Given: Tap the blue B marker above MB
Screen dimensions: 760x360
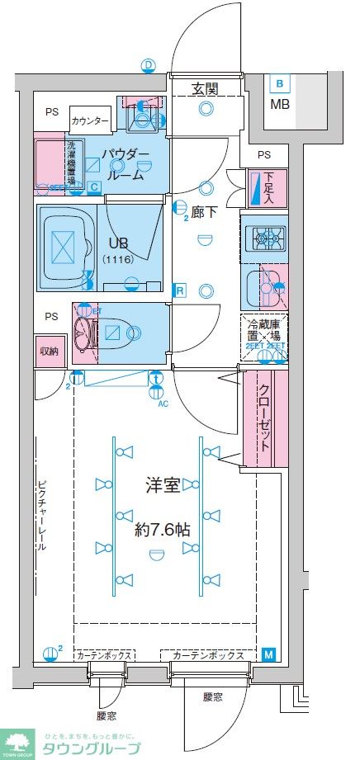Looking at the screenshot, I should (280, 83).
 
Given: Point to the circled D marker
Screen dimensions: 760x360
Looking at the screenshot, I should (149, 65).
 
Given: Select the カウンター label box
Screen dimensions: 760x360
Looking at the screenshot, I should (90, 120).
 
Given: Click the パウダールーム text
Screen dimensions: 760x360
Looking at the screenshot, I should (126, 164).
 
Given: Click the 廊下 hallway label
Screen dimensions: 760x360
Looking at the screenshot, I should (204, 212).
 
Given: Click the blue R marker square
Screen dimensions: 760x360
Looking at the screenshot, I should (178, 290).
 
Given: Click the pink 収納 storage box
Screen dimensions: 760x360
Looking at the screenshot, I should (49, 351).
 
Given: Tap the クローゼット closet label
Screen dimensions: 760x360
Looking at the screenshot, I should (265, 418).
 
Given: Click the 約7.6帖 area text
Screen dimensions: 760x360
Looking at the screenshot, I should (163, 530).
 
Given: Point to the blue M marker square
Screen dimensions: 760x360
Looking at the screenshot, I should (268, 655).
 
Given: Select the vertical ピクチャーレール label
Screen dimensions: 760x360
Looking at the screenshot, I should (41, 515).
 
